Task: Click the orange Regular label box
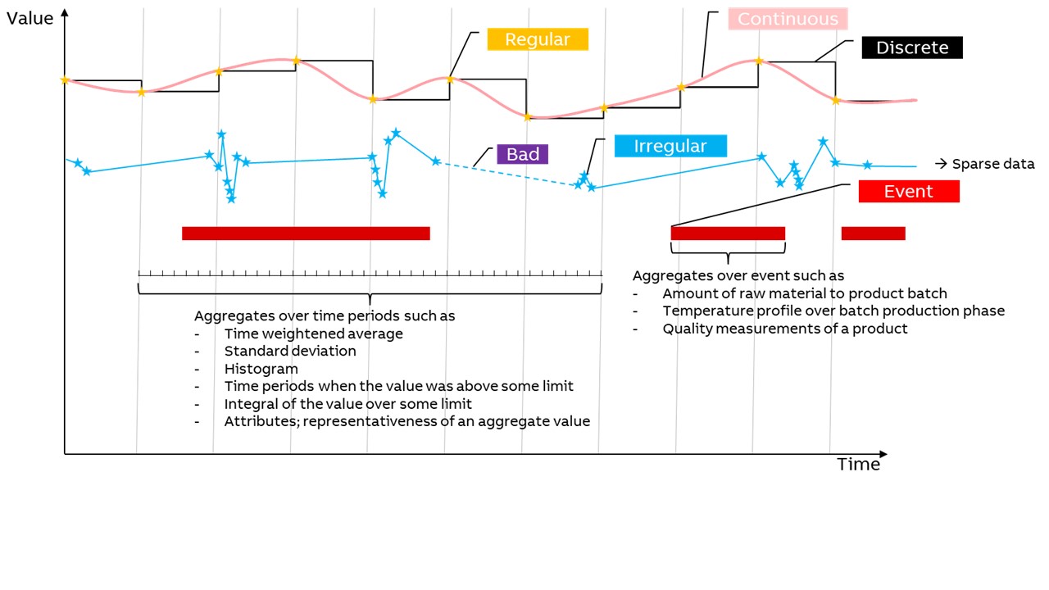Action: pyautogui.click(x=538, y=39)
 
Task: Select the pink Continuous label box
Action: pyautogui.click(x=788, y=19)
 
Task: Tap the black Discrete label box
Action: pyautogui.click(x=912, y=48)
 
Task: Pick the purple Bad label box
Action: pyautogui.click(x=522, y=154)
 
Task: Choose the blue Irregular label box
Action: pyautogui.click(x=670, y=146)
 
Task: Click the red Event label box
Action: pyautogui.click(x=908, y=192)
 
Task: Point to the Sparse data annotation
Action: pyautogui.click(x=984, y=164)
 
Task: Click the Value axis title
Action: pyautogui.click(x=30, y=18)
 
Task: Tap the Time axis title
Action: pyautogui.click(x=858, y=465)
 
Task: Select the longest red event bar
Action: pyautogui.click(x=306, y=234)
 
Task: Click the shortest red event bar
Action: pyautogui.click(x=873, y=234)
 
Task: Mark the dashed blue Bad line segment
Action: pyautogui.click(x=504, y=174)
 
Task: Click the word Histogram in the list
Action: pyautogui.click(x=261, y=369)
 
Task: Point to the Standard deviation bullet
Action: pyautogui.click(x=290, y=351)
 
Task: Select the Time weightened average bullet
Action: pyautogui.click(x=313, y=334)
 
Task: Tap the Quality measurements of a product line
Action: pyautogui.click(x=785, y=329)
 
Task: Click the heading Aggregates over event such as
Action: pyautogui.click(x=738, y=276)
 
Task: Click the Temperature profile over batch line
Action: pyautogui.click(x=833, y=311)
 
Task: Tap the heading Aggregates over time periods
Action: pyautogui.click(x=325, y=315)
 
